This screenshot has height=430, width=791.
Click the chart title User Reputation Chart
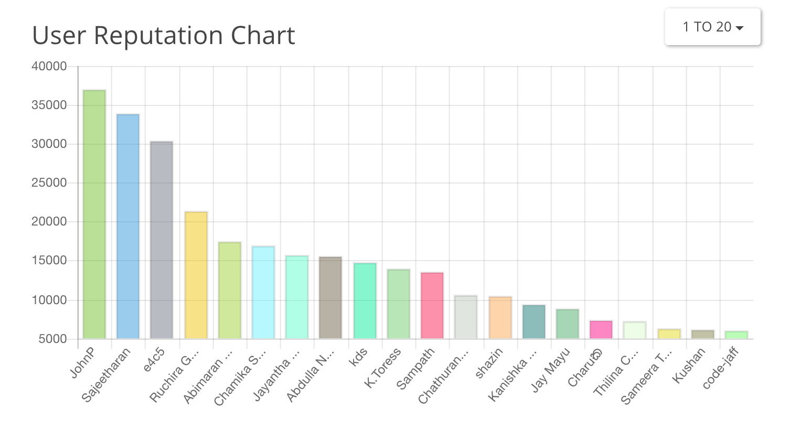163,36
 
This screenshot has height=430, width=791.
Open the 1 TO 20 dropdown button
712,27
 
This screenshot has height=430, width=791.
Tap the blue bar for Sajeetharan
128,226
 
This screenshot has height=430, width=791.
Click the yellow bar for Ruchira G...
196,275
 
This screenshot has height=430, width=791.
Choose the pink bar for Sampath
432,305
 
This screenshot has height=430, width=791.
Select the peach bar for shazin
500,317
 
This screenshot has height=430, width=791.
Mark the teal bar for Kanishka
534,321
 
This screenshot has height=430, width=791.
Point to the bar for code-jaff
736,335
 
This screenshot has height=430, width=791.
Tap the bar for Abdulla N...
330,297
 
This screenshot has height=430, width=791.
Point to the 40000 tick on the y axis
49,66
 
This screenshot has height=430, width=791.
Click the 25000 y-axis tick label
49,182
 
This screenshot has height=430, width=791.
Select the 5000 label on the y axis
52,339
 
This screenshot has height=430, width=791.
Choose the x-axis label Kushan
689,366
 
